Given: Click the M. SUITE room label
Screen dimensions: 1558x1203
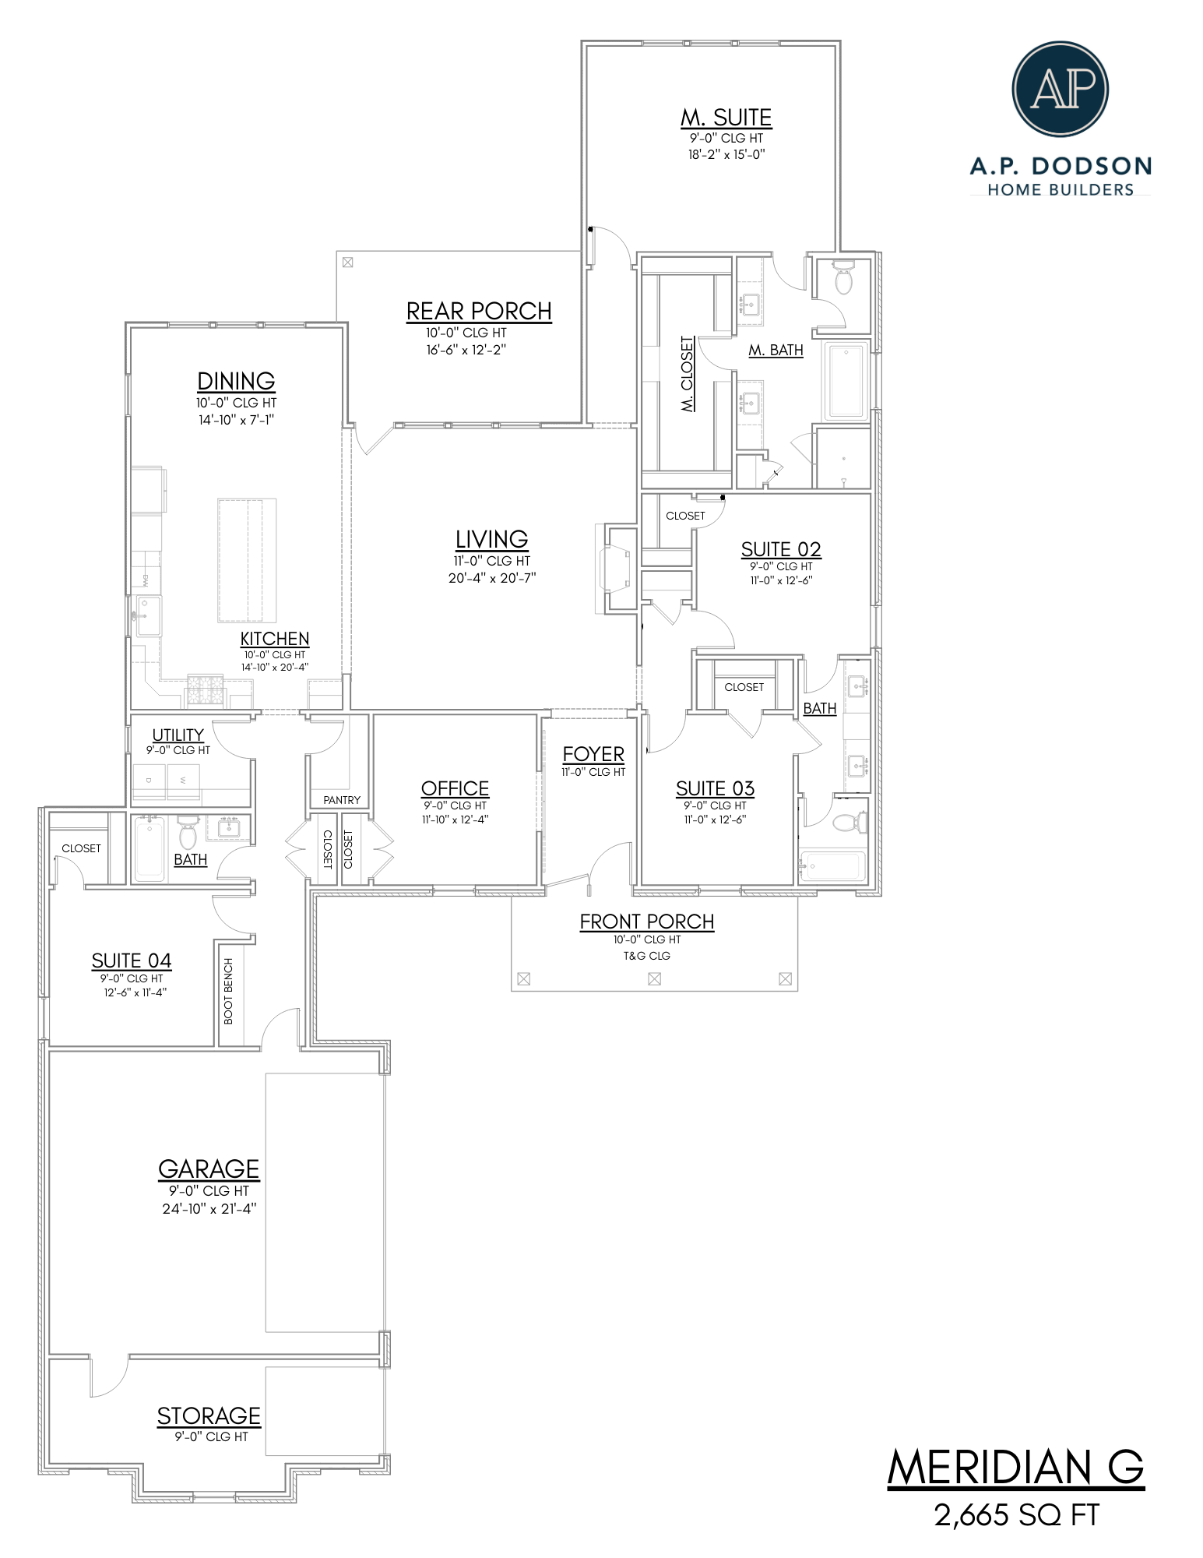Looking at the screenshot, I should tap(726, 118).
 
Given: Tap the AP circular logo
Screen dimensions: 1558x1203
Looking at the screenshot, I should tap(1060, 89).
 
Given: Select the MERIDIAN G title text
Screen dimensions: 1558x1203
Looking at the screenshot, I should tap(1015, 1468).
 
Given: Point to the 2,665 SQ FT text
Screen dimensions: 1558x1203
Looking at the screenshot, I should tap(1016, 1515).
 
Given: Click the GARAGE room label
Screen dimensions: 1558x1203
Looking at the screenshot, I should tap(209, 1168).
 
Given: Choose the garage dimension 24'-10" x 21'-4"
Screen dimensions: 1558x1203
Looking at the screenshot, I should tap(209, 1209).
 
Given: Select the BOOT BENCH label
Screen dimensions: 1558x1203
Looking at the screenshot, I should tap(228, 991).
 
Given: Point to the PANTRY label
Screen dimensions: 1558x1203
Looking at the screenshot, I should tap(342, 800).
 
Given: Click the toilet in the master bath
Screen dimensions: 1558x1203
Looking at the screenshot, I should tap(842, 279).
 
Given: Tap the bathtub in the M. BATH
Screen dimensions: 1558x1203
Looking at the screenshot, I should tap(846, 381).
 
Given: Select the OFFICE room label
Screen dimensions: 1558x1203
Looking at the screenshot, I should tap(455, 788).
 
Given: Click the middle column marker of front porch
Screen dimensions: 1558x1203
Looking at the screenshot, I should tap(654, 979).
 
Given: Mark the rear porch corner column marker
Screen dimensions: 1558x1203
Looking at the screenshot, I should tap(347, 263).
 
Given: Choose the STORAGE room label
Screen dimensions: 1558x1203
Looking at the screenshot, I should tap(209, 1415).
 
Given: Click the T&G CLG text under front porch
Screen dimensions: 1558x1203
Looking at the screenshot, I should tap(646, 956).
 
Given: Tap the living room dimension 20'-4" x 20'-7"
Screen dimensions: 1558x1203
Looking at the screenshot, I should tap(491, 578).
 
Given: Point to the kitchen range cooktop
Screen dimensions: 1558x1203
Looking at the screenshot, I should tap(205, 690).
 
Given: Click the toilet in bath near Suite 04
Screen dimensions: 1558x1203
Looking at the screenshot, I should tap(188, 835).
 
